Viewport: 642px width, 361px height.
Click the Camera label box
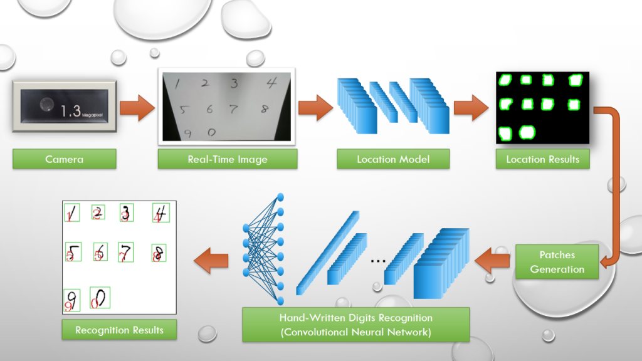(x=64, y=159)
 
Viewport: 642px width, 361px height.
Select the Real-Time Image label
(x=227, y=159)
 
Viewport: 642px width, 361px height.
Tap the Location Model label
(x=393, y=159)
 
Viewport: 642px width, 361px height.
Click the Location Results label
(x=542, y=159)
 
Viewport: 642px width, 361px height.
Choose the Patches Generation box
(x=557, y=262)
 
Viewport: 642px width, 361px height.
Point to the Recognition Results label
(x=119, y=330)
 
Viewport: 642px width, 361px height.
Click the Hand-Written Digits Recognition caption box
(x=355, y=325)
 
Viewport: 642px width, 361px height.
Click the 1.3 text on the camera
(x=71, y=112)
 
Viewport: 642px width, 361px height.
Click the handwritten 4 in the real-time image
(x=270, y=83)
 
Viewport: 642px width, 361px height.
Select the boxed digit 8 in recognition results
(x=158, y=253)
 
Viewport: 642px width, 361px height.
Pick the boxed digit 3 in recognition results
(x=127, y=213)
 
